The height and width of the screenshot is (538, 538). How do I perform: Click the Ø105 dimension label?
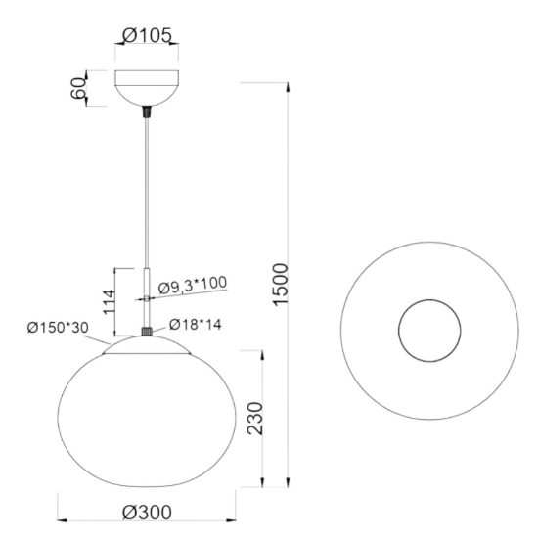(x=147, y=35)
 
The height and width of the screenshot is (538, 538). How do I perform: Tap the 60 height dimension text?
(x=78, y=88)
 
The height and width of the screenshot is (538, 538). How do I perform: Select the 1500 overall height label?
(x=280, y=284)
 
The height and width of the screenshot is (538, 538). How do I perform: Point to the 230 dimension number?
(x=255, y=419)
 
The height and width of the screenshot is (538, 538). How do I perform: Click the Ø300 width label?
(x=147, y=513)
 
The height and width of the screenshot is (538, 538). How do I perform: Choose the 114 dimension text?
(x=110, y=302)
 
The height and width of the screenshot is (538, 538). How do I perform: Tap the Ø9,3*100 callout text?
(x=193, y=285)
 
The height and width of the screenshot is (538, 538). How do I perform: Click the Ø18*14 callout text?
(x=196, y=324)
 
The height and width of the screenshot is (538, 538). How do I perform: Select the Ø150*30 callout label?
(x=58, y=328)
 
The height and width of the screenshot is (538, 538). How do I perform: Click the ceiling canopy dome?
(x=147, y=88)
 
